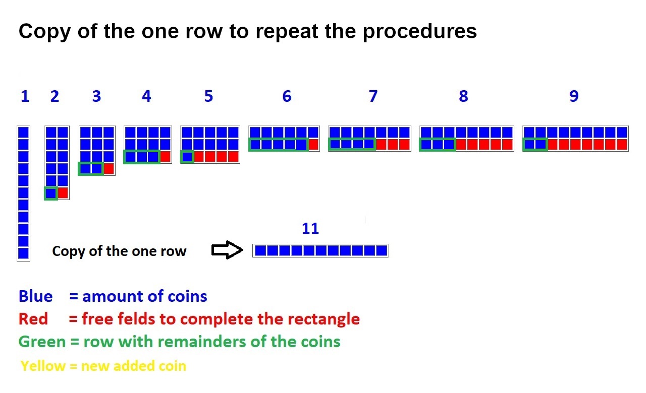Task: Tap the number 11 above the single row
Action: (x=310, y=229)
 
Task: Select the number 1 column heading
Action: (x=25, y=96)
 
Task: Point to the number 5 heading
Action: (x=208, y=96)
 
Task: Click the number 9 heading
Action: (x=573, y=96)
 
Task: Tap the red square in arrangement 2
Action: (x=63, y=192)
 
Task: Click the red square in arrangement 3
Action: (x=109, y=168)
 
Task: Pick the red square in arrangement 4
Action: (x=165, y=156)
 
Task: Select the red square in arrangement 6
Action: (x=313, y=145)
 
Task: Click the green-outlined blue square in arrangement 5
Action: (x=187, y=156)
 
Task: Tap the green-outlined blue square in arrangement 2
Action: (x=50, y=192)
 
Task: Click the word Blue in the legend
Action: (x=35, y=296)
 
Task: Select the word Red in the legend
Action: (x=33, y=319)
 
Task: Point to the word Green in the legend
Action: (x=42, y=342)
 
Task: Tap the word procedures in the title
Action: (x=420, y=32)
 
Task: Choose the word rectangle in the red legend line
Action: (x=324, y=319)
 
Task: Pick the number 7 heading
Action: (x=372, y=96)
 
